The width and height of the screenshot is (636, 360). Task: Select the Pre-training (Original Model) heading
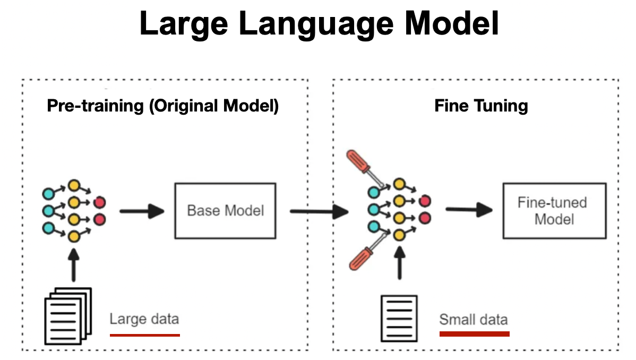click(163, 106)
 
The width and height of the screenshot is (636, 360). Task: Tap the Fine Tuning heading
click(481, 106)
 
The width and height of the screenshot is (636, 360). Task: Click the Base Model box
click(225, 211)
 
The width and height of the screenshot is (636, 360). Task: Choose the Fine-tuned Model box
click(554, 211)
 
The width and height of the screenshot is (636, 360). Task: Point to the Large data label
click(144, 319)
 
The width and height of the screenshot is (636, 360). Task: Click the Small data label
click(473, 320)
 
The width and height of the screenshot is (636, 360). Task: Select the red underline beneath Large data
click(144, 335)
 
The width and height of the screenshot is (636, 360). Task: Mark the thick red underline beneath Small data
click(474, 334)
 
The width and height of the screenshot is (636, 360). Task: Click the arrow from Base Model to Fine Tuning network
click(319, 212)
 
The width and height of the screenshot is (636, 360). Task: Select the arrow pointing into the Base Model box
click(141, 211)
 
